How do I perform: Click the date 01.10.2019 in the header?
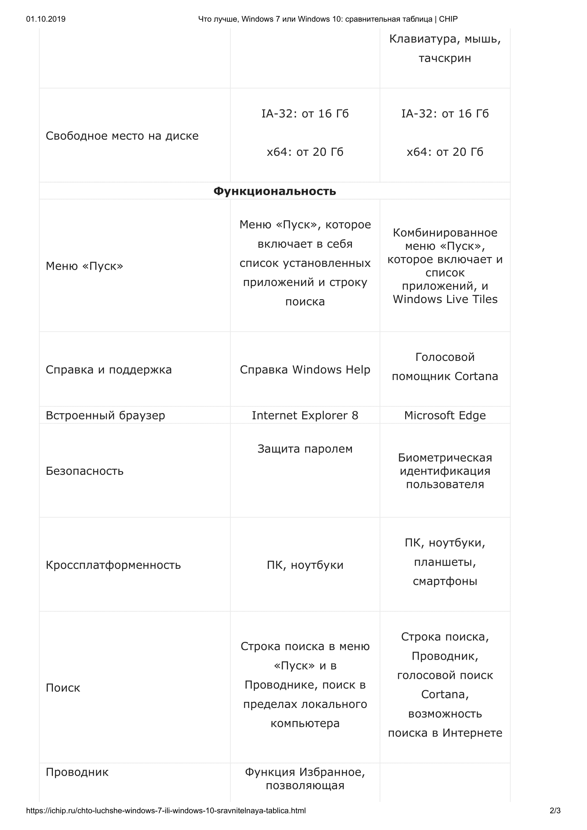click(45, 19)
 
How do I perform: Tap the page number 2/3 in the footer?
click(555, 810)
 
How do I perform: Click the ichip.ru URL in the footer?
click(165, 810)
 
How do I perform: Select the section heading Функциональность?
click(275, 191)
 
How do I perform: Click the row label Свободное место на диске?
click(122, 136)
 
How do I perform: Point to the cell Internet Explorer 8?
click(305, 415)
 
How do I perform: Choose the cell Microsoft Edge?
click(445, 415)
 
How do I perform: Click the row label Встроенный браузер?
click(105, 415)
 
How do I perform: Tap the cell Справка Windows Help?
click(305, 369)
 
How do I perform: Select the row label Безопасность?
click(85, 471)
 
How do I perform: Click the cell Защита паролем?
click(305, 449)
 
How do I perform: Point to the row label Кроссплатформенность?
click(113, 565)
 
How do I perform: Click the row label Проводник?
click(77, 772)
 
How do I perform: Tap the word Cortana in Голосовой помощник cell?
click(476, 376)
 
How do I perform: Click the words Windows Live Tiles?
click(445, 299)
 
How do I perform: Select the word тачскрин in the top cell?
click(445, 58)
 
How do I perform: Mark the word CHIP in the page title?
click(448, 19)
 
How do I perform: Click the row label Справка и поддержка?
click(109, 369)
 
